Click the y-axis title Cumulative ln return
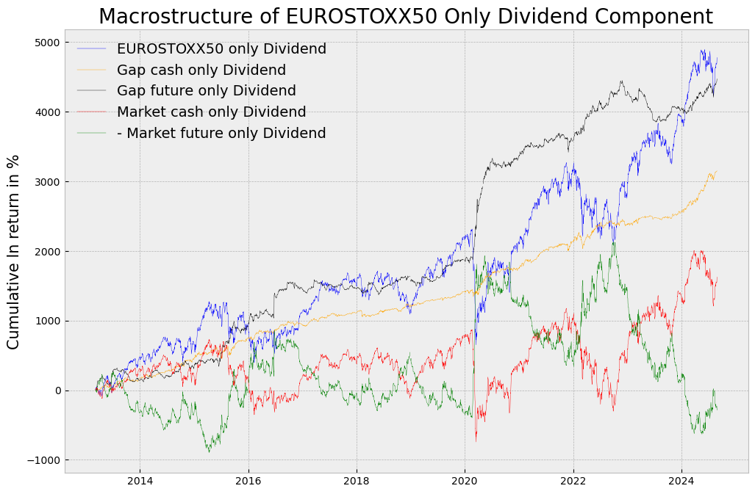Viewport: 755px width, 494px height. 13,252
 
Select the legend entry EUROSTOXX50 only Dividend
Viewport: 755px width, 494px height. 221,49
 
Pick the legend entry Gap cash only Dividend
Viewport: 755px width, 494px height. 201,70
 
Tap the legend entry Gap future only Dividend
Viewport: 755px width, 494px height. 206,91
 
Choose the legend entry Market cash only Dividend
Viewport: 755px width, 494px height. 211,112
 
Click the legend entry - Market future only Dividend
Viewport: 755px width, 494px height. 221,134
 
